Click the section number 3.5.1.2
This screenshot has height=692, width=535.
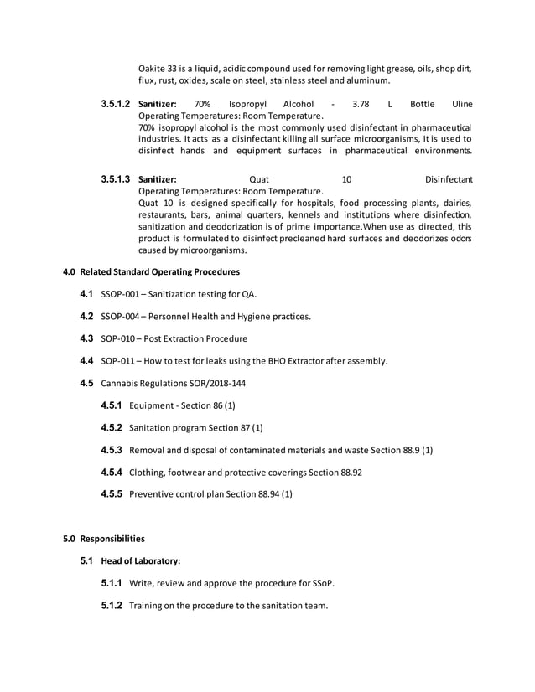(x=115, y=104)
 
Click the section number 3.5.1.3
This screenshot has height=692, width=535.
(x=115, y=179)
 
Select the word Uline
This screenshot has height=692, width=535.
(x=462, y=104)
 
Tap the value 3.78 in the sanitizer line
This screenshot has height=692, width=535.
(x=361, y=104)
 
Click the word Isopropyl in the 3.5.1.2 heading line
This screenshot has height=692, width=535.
(x=247, y=104)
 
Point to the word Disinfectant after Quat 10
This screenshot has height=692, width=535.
(x=449, y=179)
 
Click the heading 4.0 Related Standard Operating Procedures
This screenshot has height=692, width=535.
(x=152, y=272)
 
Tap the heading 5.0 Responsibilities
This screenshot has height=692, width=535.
(x=104, y=539)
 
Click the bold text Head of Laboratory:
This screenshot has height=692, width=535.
(x=141, y=560)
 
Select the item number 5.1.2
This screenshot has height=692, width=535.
(x=112, y=605)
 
